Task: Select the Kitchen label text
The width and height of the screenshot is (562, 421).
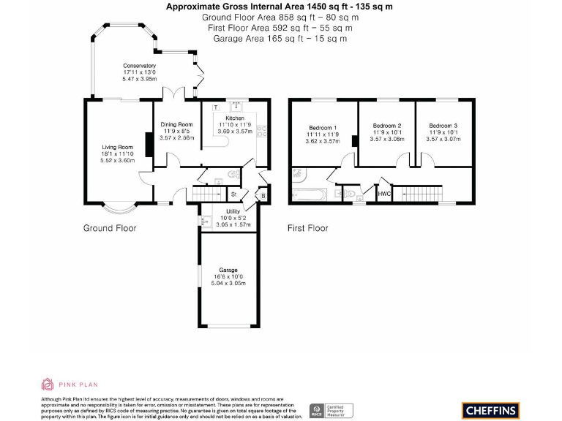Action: (x=235, y=118)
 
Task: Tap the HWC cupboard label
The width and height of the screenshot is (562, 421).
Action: (x=384, y=194)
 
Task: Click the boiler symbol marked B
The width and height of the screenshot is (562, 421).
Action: (x=263, y=194)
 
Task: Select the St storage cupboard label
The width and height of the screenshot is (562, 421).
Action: (x=233, y=194)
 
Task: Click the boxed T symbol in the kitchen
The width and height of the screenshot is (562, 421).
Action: (x=216, y=107)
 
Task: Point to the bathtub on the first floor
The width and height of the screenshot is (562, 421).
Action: (x=309, y=194)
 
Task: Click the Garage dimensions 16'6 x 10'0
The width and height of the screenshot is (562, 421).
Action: (x=228, y=277)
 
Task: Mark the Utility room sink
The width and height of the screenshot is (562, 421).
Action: (x=204, y=220)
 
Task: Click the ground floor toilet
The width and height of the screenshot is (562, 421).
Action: (x=232, y=174)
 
